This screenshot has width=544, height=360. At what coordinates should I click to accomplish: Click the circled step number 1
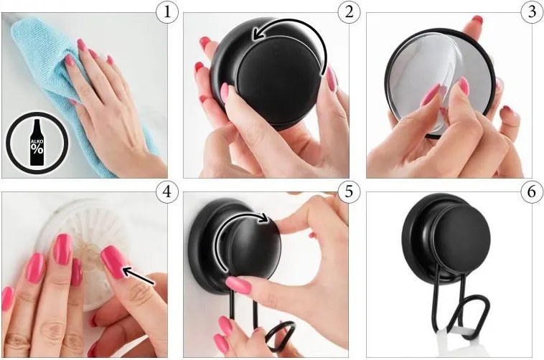pos(167,12)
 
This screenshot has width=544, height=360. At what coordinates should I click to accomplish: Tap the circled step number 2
pos(349,12)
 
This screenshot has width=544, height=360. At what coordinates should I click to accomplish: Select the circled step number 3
pos(533,12)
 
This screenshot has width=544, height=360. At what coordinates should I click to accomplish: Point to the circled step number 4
pos(167,191)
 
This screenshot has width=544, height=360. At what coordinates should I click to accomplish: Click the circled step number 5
pos(349,191)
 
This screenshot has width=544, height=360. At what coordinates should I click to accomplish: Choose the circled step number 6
pos(533,191)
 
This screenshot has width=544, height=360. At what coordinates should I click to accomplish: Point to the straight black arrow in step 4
pos(139,275)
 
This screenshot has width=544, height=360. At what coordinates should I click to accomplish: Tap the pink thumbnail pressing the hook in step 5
pos(238,285)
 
